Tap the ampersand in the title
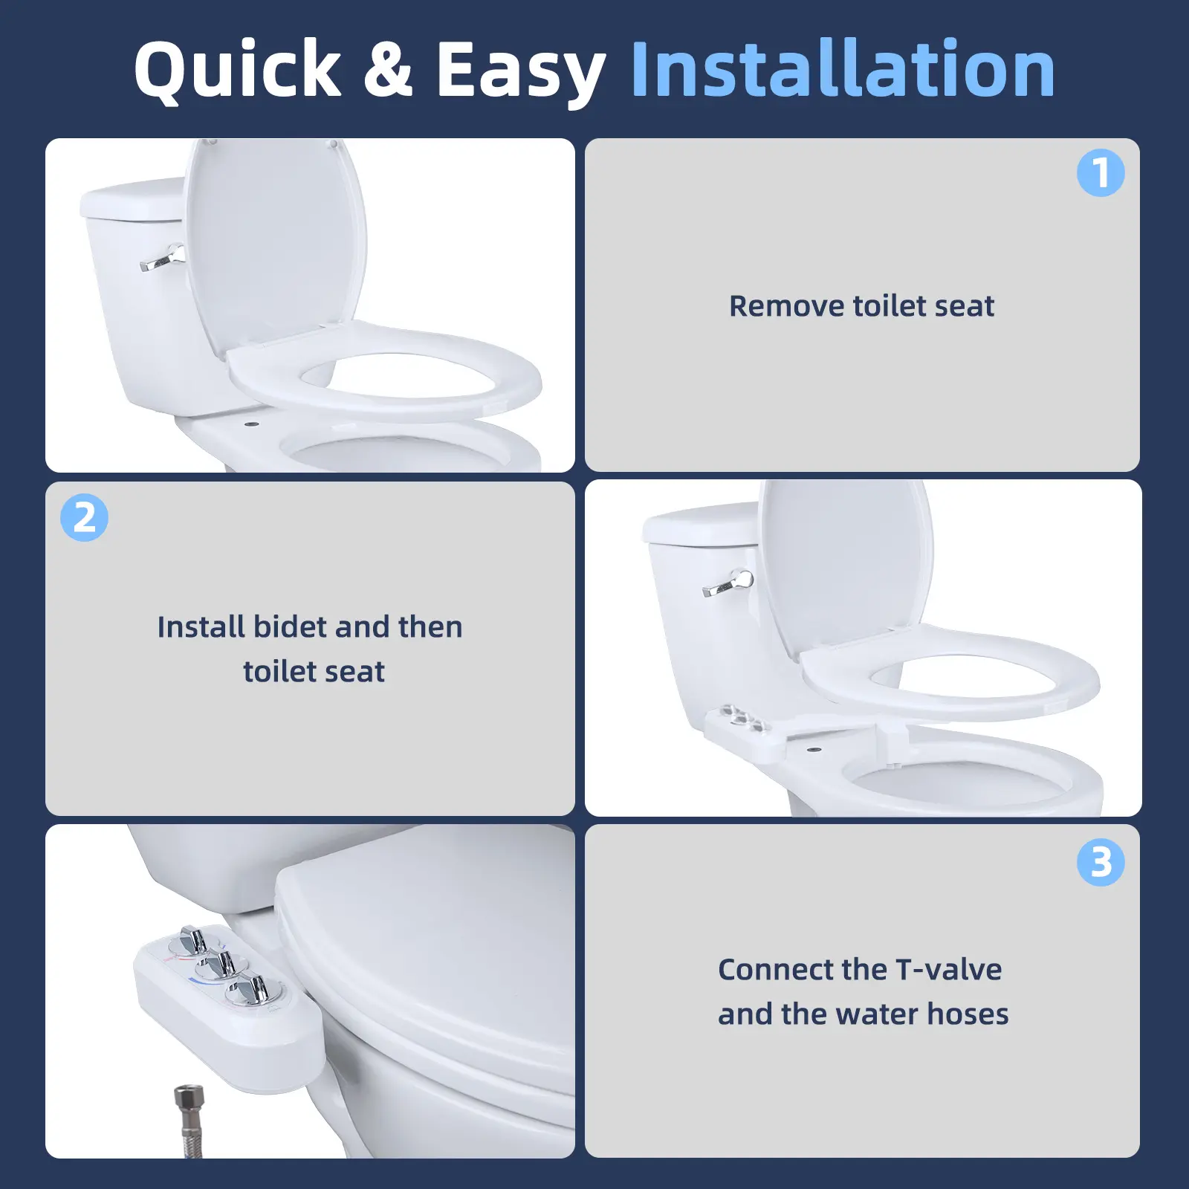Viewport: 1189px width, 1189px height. (x=387, y=69)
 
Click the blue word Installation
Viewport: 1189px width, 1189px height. (x=843, y=68)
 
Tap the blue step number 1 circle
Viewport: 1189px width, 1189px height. (x=1101, y=173)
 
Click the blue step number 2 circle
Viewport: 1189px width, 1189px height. (x=84, y=517)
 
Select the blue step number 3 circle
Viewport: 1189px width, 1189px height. (x=1101, y=862)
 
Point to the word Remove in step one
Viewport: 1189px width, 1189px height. (x=786, y=306)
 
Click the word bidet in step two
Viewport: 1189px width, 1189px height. (x=290, y=626)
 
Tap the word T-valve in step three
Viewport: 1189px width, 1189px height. (x=949, y=969)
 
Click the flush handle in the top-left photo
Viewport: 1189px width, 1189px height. (x=163, y=259)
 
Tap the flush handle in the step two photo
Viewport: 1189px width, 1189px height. (x=727, y=584)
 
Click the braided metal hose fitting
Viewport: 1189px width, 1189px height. (x=189, y=1120)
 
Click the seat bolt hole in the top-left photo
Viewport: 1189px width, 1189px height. (x=252, y=425)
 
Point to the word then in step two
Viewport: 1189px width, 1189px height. (x=430, y=626)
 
